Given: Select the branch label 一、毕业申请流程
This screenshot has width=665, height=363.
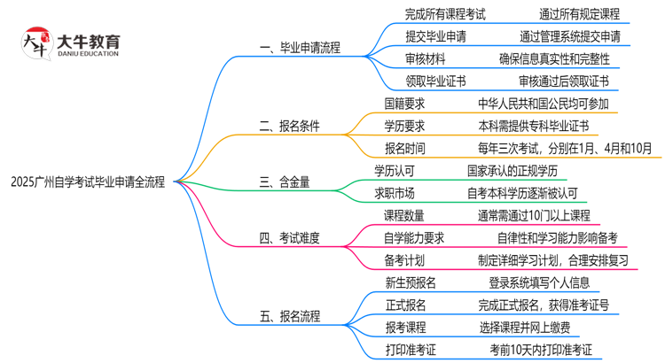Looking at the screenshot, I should click(299, 48).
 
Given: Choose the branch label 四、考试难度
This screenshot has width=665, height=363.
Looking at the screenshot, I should click(289, 237).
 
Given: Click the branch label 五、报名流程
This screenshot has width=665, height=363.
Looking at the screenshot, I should click(289, 316).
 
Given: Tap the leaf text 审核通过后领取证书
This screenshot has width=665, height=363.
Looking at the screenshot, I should click(564, 81).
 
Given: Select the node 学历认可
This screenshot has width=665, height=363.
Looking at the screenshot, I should click(395, 170).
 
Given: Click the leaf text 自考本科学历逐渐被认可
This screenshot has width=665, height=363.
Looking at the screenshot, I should click(530, 192).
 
